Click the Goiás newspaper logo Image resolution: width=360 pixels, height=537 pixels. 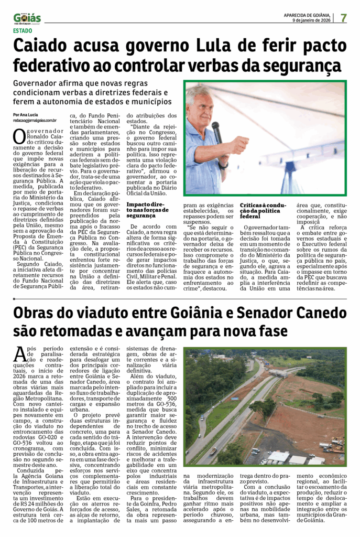[x=27, y=18]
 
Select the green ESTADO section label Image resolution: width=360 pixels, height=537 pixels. [x=23, y=30]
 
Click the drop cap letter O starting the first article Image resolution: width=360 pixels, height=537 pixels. [x=19, y=136]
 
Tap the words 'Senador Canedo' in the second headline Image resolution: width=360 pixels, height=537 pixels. [x=291, y=314]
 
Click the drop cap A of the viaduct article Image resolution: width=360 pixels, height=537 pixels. [x=19, y=356]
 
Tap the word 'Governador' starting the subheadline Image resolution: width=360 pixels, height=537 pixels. [x=40, y=83]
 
